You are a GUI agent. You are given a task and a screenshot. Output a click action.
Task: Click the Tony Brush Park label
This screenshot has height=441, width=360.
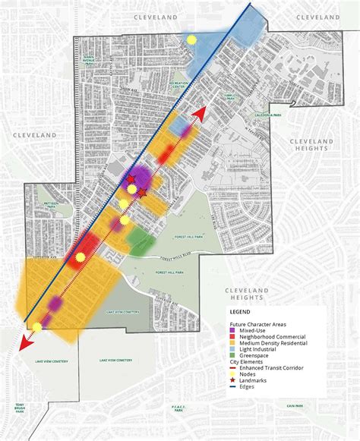[x=20, y=410]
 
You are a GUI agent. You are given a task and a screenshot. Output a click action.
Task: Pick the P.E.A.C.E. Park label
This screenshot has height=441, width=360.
[x=179, y=410]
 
